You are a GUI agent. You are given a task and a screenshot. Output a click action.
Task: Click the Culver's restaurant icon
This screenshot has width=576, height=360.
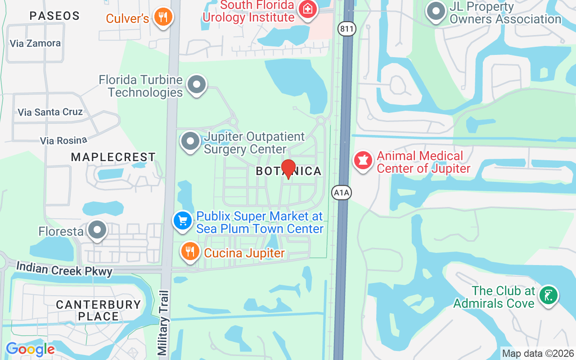coord(163,17)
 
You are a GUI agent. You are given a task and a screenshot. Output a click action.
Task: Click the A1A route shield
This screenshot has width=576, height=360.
coord(342,193)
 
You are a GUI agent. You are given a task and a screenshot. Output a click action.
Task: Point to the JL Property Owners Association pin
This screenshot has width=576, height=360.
coord(435,12)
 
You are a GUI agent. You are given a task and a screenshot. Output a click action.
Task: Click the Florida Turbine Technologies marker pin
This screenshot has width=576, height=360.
coord(196,84)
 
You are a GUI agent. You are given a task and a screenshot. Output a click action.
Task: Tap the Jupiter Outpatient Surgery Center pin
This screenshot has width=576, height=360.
coord(190,141)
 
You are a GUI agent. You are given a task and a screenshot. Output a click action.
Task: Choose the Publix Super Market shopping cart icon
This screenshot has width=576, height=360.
coord(183,221)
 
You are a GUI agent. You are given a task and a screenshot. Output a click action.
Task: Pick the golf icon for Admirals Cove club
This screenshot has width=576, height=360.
coord(549,296)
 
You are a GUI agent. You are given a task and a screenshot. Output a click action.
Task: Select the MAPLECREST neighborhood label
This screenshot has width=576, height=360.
coord(113,157)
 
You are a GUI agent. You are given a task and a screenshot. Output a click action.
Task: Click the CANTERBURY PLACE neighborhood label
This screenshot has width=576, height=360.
coord(99,310)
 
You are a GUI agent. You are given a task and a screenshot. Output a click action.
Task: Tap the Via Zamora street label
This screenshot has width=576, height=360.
coord(35,44)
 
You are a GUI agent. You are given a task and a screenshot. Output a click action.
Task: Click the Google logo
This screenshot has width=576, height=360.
coord(30,349)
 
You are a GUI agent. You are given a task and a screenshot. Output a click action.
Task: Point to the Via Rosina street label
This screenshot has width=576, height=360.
coord(63,141)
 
